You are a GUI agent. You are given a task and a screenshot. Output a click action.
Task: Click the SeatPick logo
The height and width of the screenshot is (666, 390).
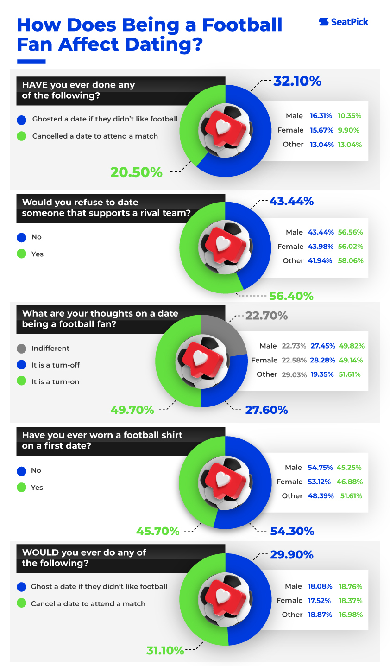pos(344,22)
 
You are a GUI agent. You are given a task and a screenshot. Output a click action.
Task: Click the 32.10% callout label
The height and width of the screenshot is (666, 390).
pos(297,82)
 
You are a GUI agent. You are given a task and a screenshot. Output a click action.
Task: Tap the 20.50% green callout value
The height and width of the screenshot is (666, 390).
pos(136,172)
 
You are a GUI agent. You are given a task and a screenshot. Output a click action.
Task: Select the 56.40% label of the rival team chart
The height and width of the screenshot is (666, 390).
pos(291,296)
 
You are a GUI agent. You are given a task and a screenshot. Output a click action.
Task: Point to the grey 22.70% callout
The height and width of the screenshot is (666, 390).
pos(266,316)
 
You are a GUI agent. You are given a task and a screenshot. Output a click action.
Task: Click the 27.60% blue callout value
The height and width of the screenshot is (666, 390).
pos(266,410)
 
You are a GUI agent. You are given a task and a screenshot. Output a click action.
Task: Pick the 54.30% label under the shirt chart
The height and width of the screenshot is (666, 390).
pos(292,531)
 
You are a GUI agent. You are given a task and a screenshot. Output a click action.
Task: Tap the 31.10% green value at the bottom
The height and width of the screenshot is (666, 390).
pos(165,651)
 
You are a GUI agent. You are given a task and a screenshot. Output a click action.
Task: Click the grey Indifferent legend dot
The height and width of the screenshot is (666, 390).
pos(21,349)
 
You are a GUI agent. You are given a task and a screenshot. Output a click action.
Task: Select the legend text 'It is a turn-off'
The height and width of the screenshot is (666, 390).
pos(56,365)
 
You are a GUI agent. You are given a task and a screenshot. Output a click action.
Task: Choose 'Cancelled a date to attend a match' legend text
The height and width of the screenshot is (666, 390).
pos(95,136)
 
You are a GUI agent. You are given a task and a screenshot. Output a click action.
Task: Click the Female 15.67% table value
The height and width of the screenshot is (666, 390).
pos(321,130)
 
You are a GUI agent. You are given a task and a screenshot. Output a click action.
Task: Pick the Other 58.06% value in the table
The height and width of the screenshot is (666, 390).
pos(351,261)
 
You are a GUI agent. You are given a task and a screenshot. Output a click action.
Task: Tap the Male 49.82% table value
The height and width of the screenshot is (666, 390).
pos(351,346)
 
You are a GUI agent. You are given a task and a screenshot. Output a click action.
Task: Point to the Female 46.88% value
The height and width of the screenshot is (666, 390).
pos(350,482)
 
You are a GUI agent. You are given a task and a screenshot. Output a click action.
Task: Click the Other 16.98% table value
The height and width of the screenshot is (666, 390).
pos(350,615)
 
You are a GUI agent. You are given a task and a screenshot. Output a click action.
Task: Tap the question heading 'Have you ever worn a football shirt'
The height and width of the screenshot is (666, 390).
pos(102,435)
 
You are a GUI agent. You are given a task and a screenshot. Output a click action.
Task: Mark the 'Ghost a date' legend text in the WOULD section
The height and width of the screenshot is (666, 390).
pos(99,587)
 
